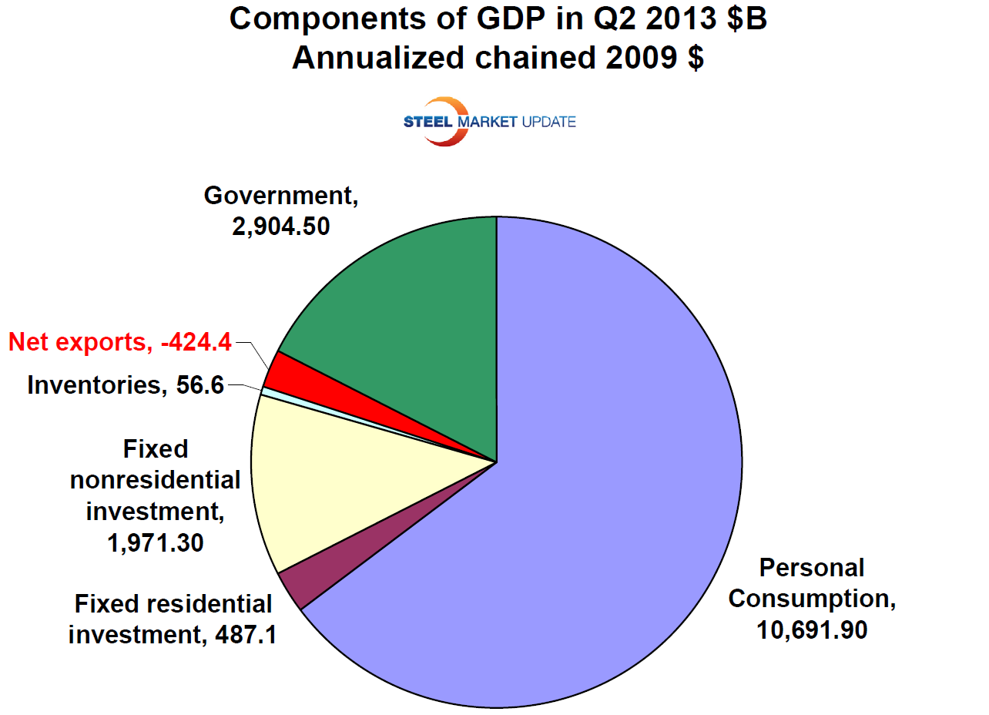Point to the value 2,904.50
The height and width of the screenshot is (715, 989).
282,227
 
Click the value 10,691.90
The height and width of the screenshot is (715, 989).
811,629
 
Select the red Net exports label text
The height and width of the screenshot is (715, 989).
120,341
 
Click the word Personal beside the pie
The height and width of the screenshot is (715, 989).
811,568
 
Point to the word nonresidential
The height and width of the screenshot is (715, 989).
155,480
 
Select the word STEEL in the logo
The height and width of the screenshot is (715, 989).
428,122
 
